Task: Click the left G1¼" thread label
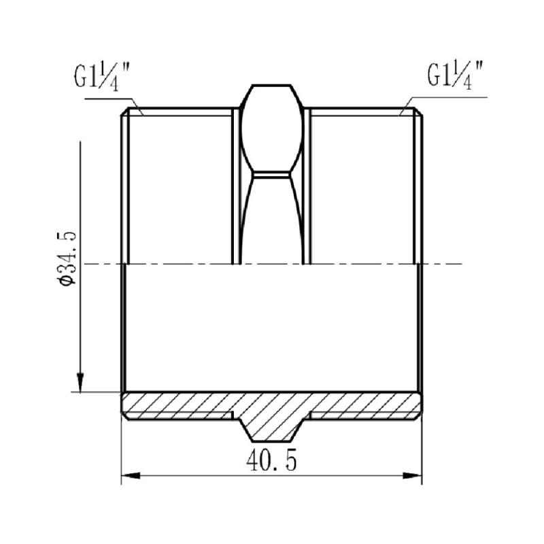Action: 101,78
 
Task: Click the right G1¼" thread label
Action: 455,75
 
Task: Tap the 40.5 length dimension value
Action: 271,460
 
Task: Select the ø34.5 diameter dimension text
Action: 67,257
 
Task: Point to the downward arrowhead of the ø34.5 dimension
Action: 80,382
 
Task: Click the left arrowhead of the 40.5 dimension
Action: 131,475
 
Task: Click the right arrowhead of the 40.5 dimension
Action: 413,475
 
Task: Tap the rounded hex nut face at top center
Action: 271,129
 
